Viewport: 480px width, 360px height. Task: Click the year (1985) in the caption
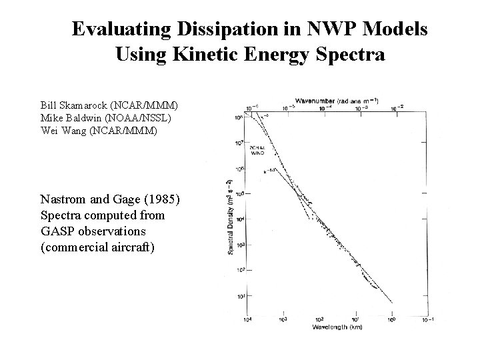click(161, 199)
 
